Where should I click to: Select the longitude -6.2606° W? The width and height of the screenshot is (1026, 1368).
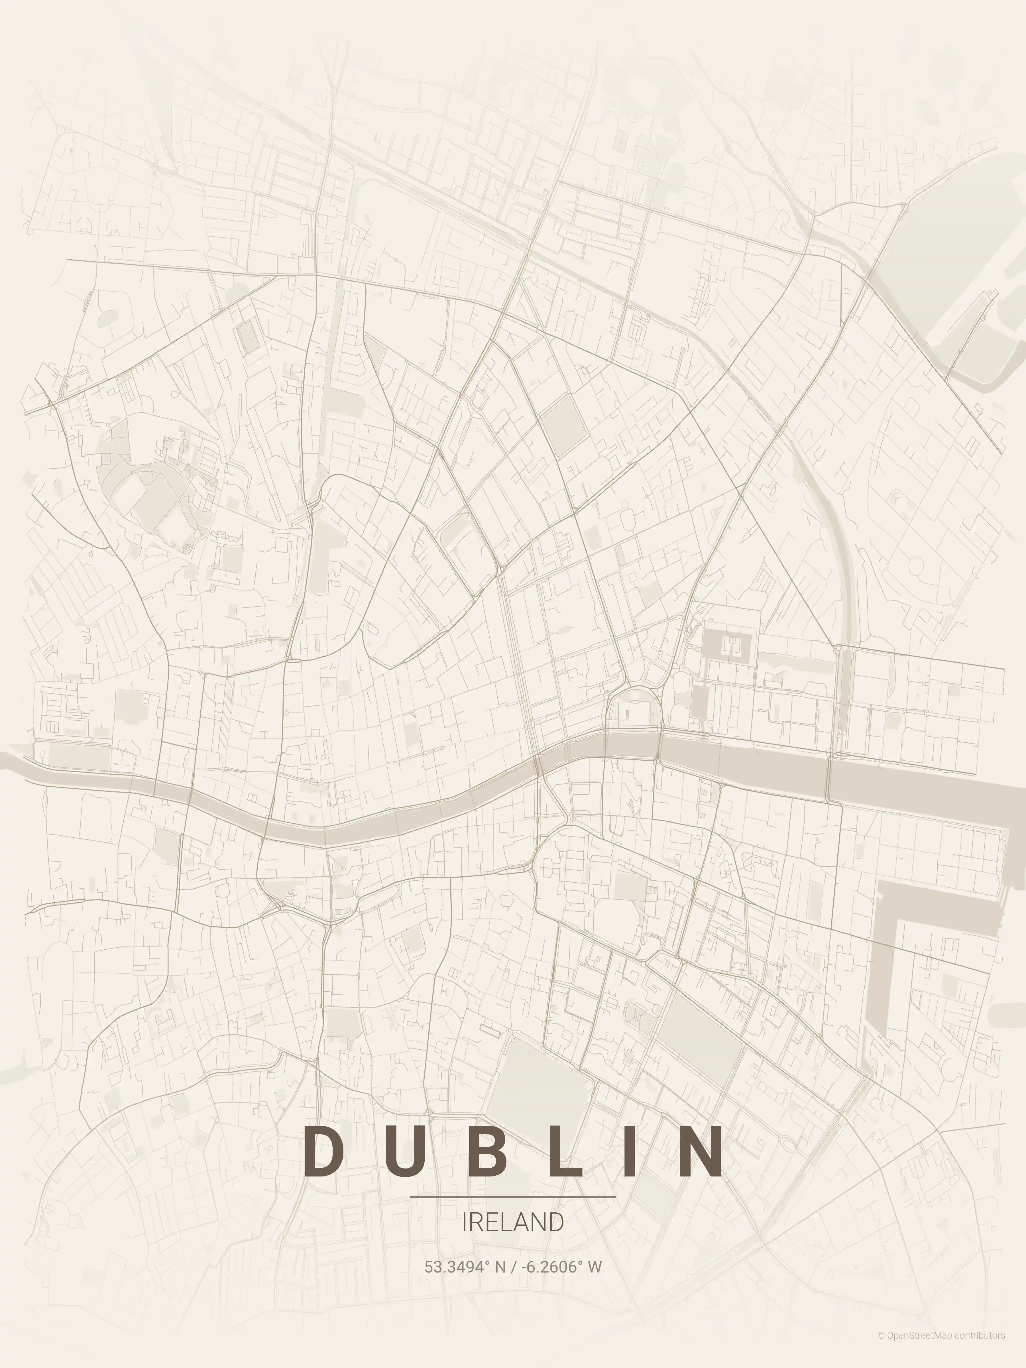click(561, 1267)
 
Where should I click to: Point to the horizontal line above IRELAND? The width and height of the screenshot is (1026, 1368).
click(513, 1197)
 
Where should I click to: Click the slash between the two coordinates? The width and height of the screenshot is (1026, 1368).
click(513, 1267)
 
